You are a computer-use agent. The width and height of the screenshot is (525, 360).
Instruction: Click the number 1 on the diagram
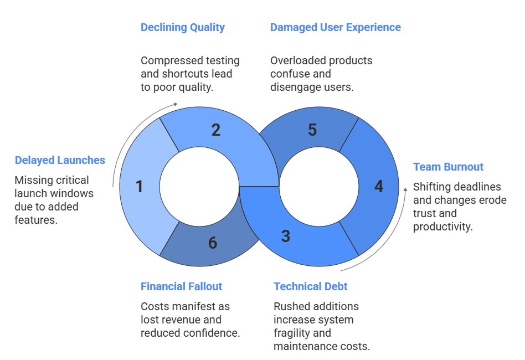click(x=139, y=187)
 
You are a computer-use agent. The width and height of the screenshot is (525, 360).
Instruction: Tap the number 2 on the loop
click(x=216, y=130)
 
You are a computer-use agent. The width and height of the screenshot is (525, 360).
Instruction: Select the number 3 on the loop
click(x=285, y=236)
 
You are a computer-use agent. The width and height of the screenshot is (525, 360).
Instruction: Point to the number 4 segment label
click(x=379, y=187)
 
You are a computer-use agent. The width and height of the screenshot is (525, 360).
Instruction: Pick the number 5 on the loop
click(x=312, y=130)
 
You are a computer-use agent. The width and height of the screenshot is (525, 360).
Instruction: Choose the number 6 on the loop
click(x=213, y=243)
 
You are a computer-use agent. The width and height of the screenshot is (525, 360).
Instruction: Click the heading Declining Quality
click(x=183, y=27)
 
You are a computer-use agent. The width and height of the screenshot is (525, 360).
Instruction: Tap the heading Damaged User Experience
click(x=336, y=27)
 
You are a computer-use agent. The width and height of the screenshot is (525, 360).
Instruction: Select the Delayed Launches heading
click(x=60, y=160)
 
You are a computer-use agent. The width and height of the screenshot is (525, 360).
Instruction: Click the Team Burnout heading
click(x=449, y=167)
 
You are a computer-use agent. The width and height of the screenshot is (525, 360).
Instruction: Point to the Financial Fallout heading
click(x=182, y=286)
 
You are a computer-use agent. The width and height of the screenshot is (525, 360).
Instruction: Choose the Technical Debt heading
click(x=311, y=286)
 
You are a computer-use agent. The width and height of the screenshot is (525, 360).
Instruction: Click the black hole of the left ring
click(x=199, y=187)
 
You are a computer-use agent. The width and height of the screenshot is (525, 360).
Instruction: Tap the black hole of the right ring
click(x=318, y=187)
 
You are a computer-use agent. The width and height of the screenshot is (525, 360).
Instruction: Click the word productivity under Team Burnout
click(x=443, y=227)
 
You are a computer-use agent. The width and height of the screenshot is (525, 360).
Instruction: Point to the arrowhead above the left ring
click(x=176, y=104)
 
